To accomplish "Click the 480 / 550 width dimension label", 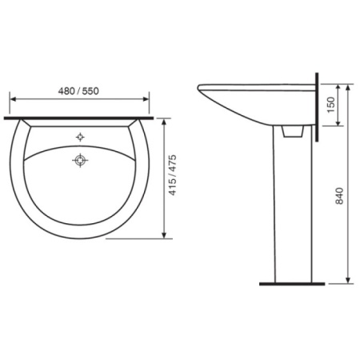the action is click(x=78, y=91).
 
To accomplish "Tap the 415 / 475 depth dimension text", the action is click(x=173, y=175).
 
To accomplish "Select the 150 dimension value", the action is click(x=330, y=105).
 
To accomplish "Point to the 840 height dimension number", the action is click(x=339, y=196).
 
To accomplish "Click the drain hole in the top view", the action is click(x=80, y=160).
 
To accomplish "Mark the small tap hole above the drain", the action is click(x=80, y=137).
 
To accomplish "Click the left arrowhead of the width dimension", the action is click(x=13, y=99).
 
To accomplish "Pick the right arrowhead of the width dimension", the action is click(x=146, y=99).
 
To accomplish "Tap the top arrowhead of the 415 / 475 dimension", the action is click(x=164, y=122).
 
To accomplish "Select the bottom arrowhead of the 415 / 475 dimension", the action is click(x=164, y=235).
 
